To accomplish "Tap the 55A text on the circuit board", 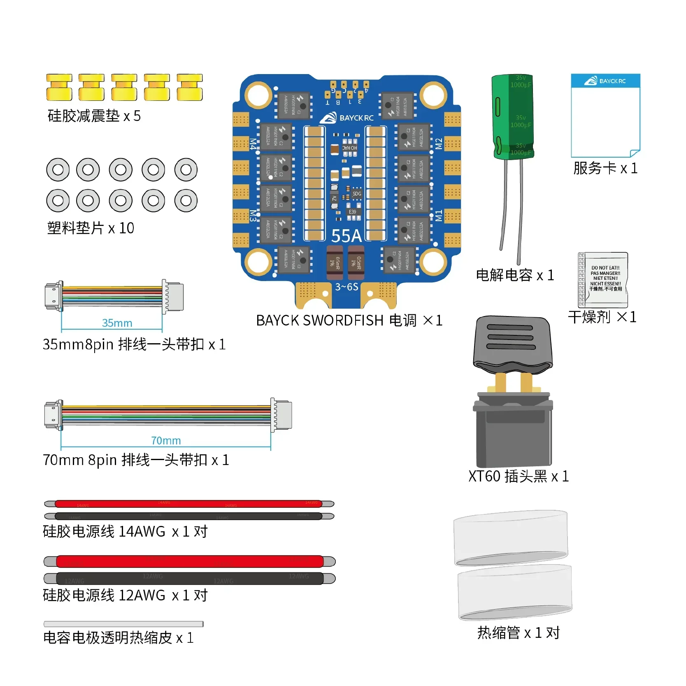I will coord(346,236).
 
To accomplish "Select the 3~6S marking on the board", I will coord(346,287).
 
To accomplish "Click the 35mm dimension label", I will coord(117,323).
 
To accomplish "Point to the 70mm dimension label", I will coord(166,441).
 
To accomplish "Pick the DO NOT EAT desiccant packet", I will coord(603,279).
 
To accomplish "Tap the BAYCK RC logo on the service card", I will coord(605,81).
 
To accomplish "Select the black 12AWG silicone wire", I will coord(189,578).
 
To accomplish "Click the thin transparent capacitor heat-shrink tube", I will coord(123,624).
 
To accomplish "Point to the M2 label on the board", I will coord(439,144).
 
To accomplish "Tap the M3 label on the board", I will coord(253,216).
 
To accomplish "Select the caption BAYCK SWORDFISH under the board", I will coord(320,321).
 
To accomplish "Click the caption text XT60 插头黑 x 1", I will coord(519,476).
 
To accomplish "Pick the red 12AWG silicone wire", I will coord(189,561).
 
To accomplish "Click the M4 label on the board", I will coord(253,144).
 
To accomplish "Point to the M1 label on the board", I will coord(439,215).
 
